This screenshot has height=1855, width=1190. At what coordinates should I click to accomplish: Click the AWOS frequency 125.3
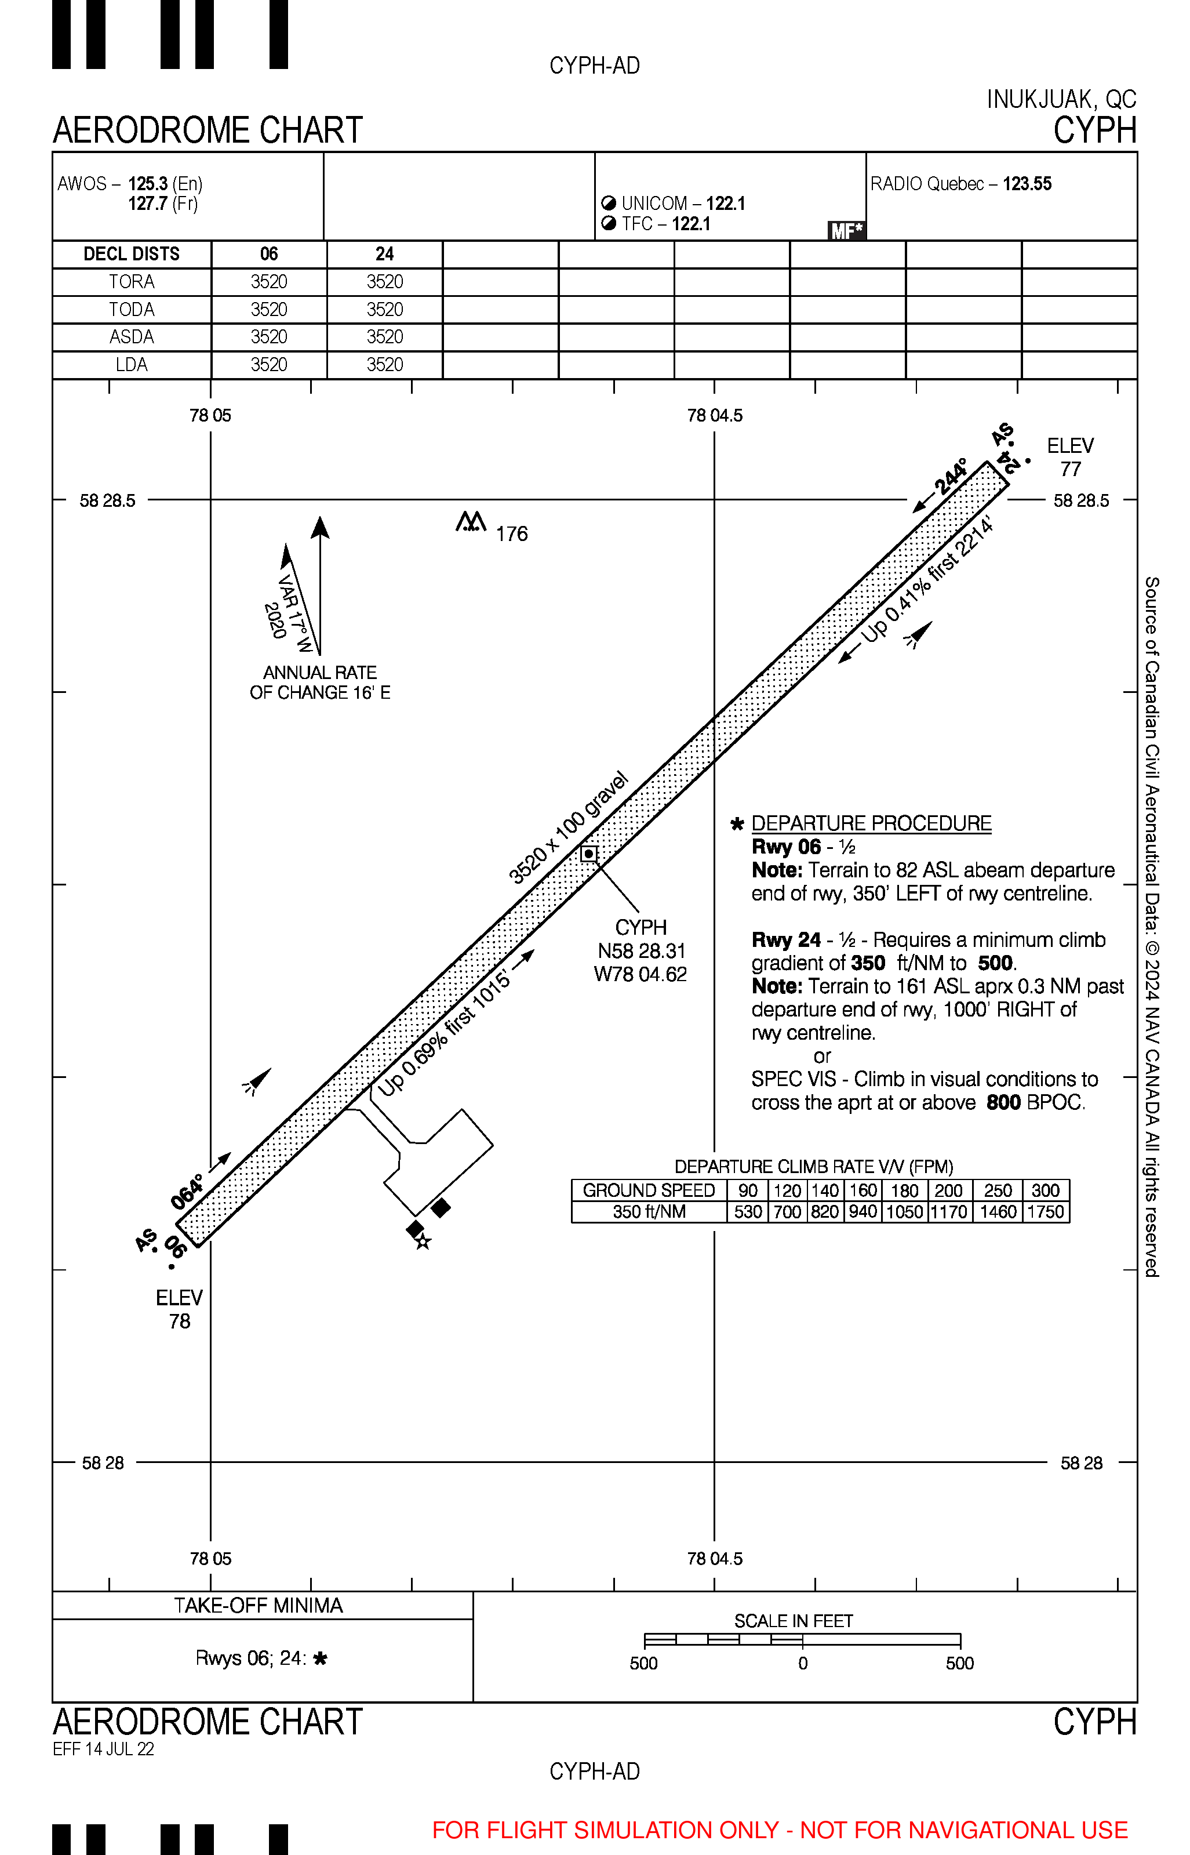point(148,184)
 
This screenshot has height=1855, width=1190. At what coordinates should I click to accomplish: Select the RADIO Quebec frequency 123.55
point(1027,184)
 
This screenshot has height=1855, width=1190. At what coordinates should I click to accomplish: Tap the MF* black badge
point(846,230)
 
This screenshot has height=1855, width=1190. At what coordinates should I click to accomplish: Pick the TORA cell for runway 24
point(385,282)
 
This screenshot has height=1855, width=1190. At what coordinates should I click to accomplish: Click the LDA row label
point(132,365)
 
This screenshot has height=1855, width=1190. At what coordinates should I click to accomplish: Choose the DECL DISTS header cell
point(132,255)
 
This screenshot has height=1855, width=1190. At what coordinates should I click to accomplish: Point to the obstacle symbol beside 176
point(471,522)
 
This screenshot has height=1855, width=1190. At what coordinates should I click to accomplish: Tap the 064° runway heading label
point(188,1191)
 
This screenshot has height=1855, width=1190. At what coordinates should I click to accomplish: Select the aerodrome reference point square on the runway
point(589,854)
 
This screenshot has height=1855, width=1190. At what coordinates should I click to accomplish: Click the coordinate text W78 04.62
point(640,975)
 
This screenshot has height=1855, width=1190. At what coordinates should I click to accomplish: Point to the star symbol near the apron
point(423,1242)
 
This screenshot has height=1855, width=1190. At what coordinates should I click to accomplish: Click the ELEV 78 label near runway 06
point(179,1309)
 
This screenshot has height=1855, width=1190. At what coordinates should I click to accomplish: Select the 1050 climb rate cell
point(904,1212)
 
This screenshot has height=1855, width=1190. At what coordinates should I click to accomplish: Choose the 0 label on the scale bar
point(803,1663)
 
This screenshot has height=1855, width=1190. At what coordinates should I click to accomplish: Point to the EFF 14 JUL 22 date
point(104,1749)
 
